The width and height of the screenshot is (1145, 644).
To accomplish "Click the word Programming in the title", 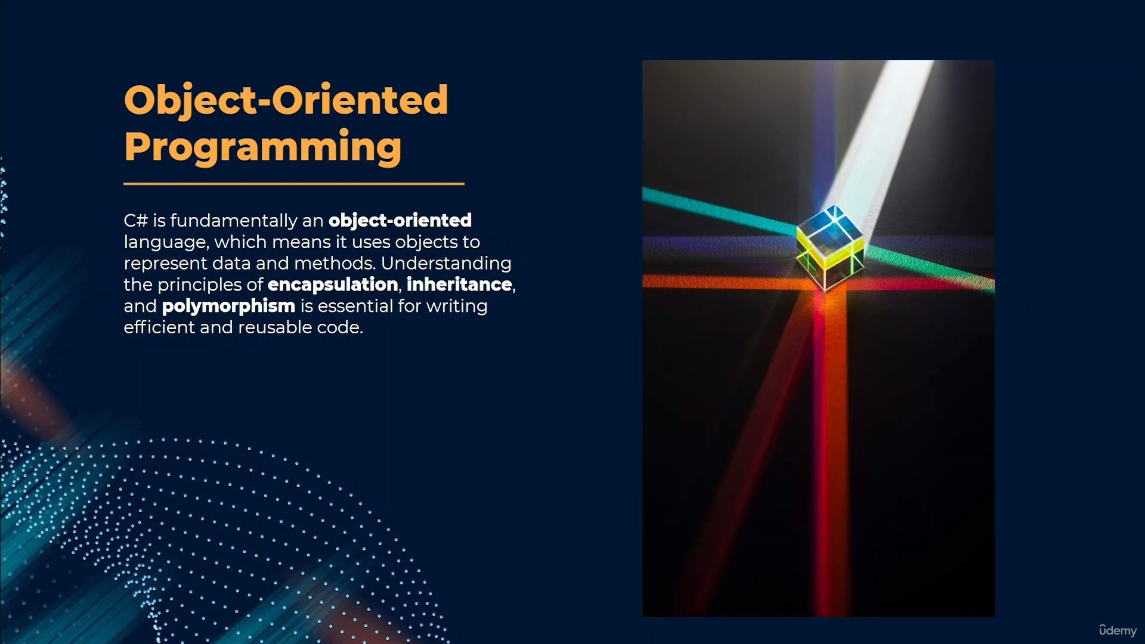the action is [x=263, y=146].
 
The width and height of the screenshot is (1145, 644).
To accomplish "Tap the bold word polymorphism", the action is [x=228, y=306].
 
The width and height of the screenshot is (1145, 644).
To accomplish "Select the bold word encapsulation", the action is [x=333, y=285].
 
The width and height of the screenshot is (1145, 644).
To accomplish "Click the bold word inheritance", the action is [x=459, y=284].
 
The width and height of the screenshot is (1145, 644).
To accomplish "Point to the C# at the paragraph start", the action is [x=135, y=221].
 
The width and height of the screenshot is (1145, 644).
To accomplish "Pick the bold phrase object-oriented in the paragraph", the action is [x=400, y=221].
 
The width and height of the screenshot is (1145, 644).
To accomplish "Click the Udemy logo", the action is [x=1118, y=630].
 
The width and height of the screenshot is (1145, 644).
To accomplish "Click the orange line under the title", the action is [x=294, y=184].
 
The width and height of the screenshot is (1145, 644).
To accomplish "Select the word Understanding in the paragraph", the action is [x=446, y=264].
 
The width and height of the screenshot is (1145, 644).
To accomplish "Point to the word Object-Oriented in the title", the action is [x=286, y=100].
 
